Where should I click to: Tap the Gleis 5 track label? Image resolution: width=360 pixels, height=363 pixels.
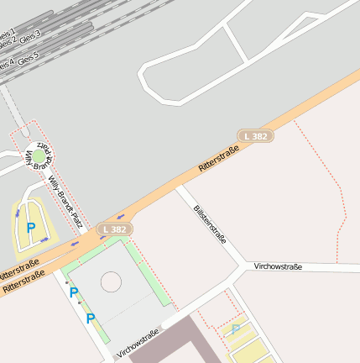click(29, 58)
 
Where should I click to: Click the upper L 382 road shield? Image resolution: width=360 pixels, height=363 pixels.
click(256, 135)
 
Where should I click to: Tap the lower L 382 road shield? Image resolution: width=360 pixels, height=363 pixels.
click(115, 229)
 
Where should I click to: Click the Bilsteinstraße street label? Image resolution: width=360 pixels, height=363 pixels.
click(210, 224)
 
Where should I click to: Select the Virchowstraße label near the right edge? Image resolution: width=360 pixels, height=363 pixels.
click(277, 266)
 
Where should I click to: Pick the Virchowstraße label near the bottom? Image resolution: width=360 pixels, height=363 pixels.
click(139, 343)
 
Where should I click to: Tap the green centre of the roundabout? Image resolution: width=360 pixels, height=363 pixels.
click(39, 156)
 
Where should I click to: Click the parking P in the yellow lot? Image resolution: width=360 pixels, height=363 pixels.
click(31, 228)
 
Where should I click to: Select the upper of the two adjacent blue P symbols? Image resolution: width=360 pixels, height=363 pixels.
click(74, 292)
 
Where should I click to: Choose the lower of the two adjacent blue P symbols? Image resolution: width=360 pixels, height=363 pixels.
click(91, 318)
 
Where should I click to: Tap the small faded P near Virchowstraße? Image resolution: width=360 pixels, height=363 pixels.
click(236, 329)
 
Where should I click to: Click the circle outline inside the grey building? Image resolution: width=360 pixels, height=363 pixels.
click(111, 281)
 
